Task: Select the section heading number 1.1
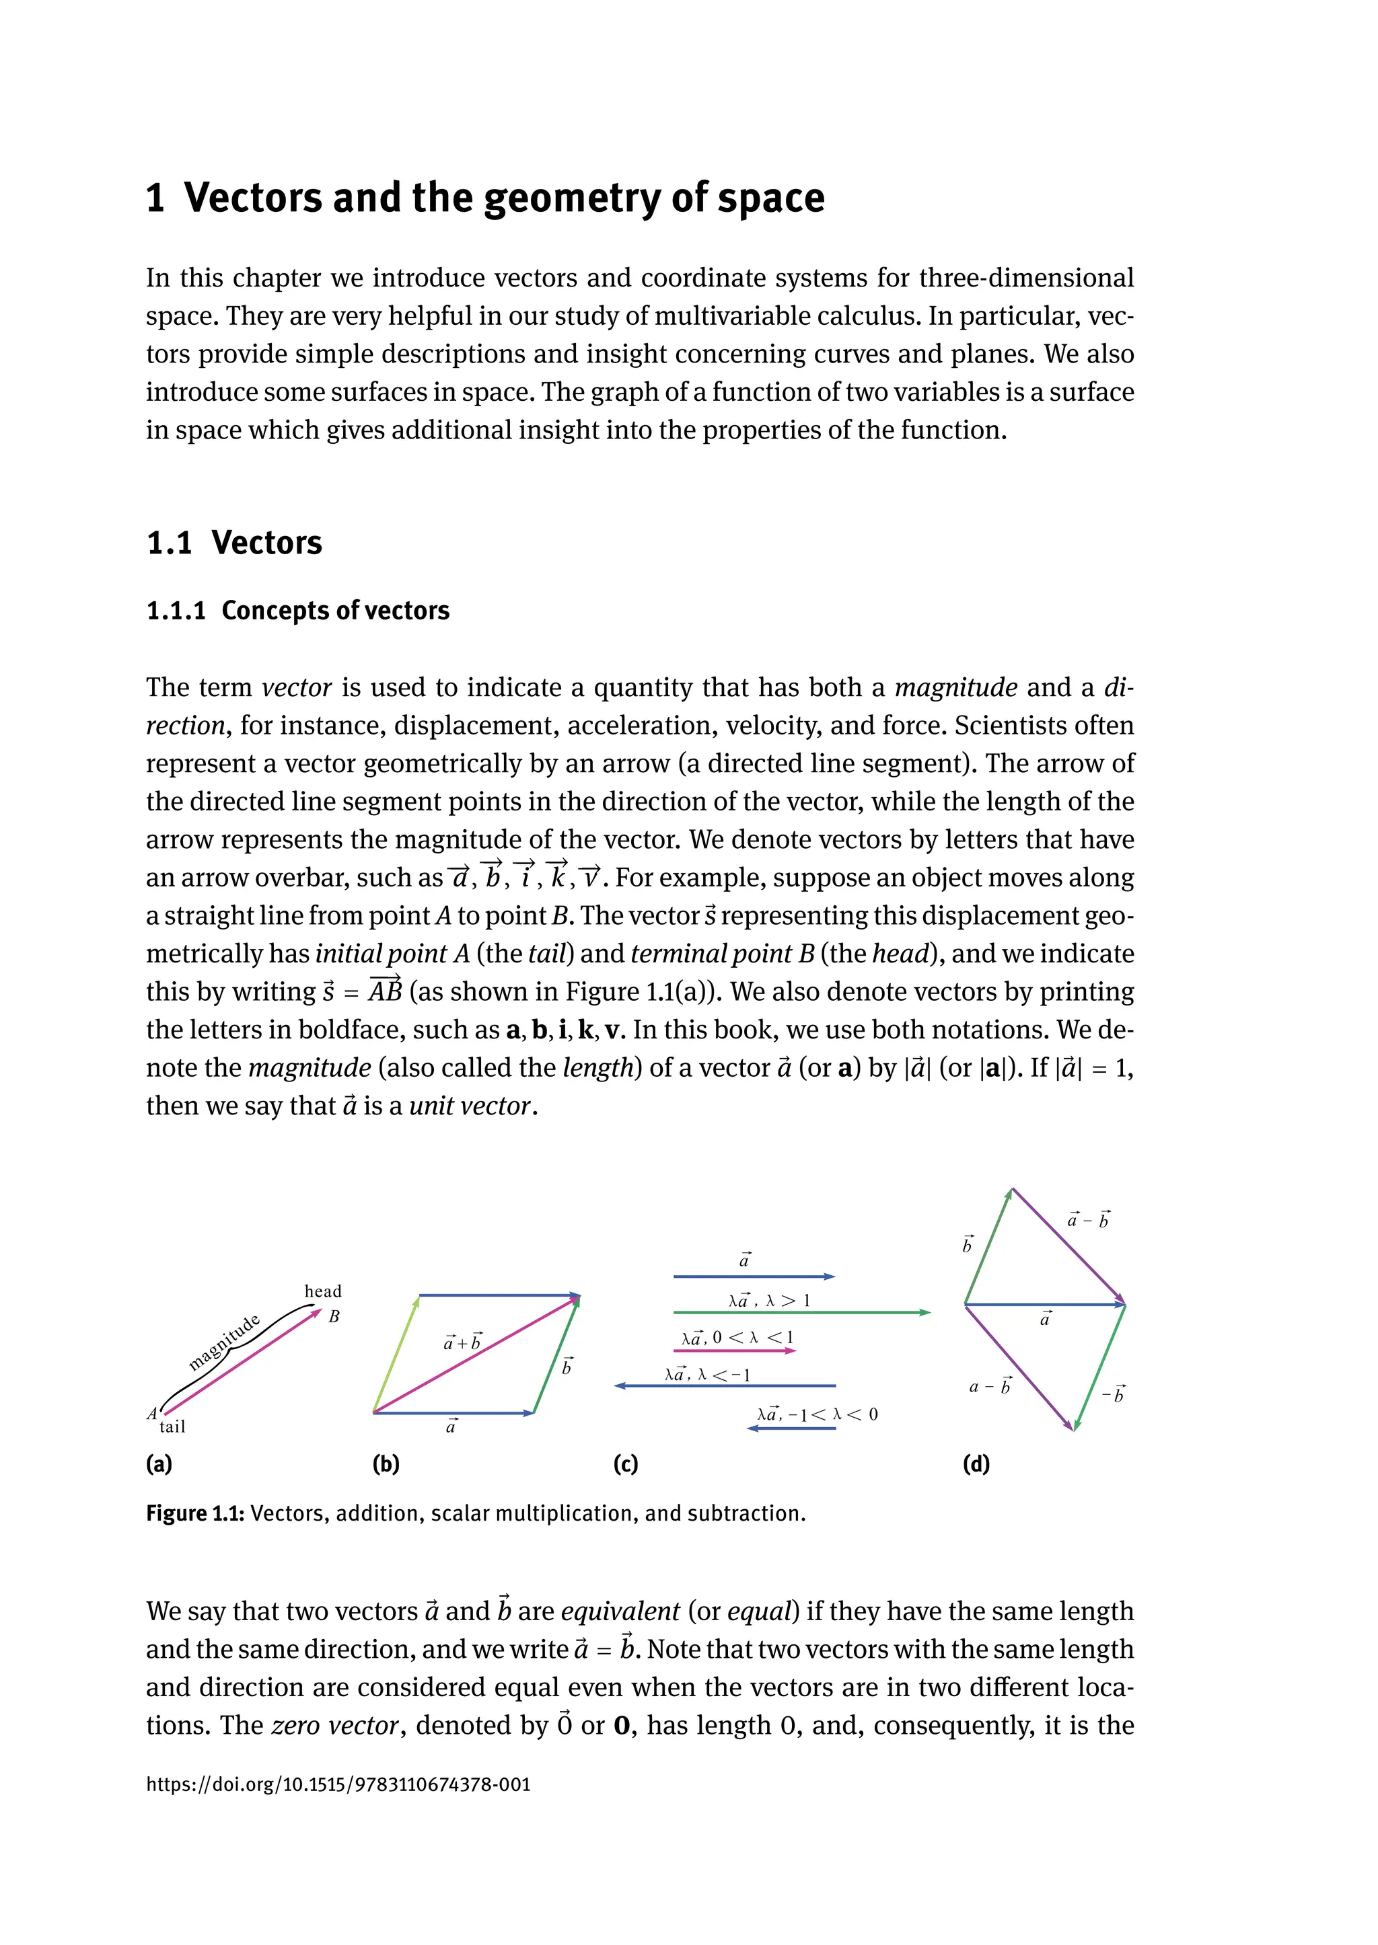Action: point(170,543)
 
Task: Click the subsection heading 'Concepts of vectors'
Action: point(335,611)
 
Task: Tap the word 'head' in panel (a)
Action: point(322,1291)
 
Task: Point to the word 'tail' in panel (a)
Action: point(172,1426)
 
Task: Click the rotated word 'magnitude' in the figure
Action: point(224,1343)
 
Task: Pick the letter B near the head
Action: point(334,1316)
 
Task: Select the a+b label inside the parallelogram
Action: point(462,1342)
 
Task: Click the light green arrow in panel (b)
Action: point(396,1353)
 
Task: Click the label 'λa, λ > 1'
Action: point(769,1300)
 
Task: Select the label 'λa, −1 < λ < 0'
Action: point(817,1414)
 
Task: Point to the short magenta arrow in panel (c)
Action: point(735,1350)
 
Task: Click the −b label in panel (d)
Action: point(1114,1394)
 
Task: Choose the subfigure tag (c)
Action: point(625,1464)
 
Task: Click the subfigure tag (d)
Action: point(976,1464)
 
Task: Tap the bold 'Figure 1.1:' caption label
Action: point(195,1514)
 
